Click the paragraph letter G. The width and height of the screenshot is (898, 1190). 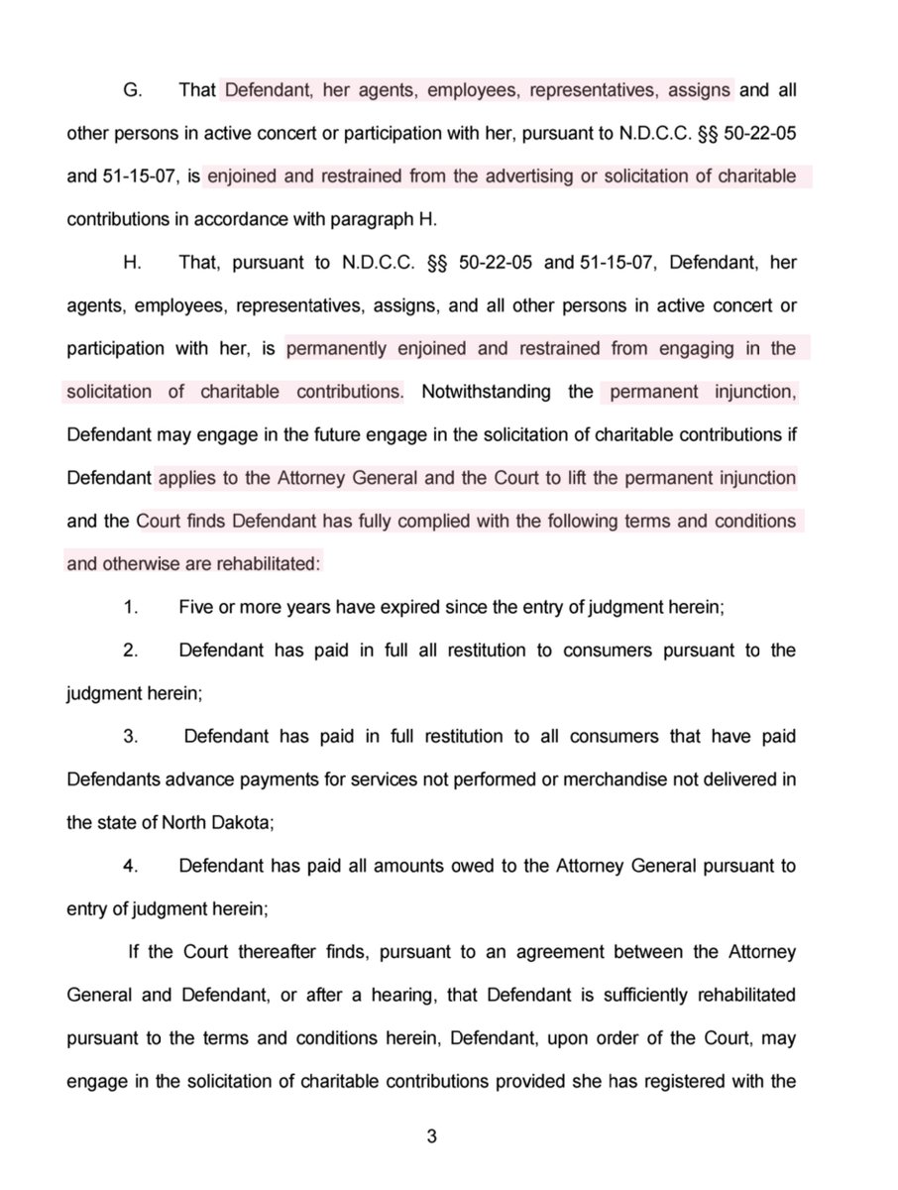(x=130, y=90)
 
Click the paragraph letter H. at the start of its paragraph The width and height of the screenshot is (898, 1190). (x=130, y=263)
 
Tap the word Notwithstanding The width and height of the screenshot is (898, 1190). (x=487, y=392)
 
